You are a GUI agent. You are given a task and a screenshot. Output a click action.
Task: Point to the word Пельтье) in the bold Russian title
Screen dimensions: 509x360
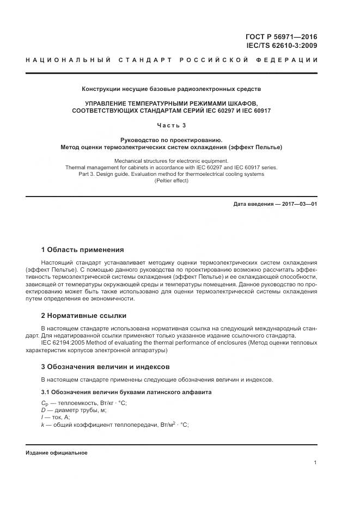269,147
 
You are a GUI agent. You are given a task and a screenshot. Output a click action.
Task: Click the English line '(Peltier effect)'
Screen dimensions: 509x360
171,180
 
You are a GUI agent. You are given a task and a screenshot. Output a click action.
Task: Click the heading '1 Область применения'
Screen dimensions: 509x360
82,250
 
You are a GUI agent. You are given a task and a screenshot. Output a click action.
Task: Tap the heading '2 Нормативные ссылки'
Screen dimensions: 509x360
83,315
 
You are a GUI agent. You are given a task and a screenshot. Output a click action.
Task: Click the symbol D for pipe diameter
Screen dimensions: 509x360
43,410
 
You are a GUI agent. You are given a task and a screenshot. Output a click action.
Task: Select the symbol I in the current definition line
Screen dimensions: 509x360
42,417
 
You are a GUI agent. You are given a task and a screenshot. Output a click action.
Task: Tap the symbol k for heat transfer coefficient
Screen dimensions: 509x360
42,424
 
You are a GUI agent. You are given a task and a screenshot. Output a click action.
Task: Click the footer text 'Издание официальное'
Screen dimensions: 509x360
56,453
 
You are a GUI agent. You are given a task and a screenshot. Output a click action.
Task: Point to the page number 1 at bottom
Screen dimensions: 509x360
315,463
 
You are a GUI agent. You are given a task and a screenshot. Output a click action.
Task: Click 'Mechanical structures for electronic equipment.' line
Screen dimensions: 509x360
171,161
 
